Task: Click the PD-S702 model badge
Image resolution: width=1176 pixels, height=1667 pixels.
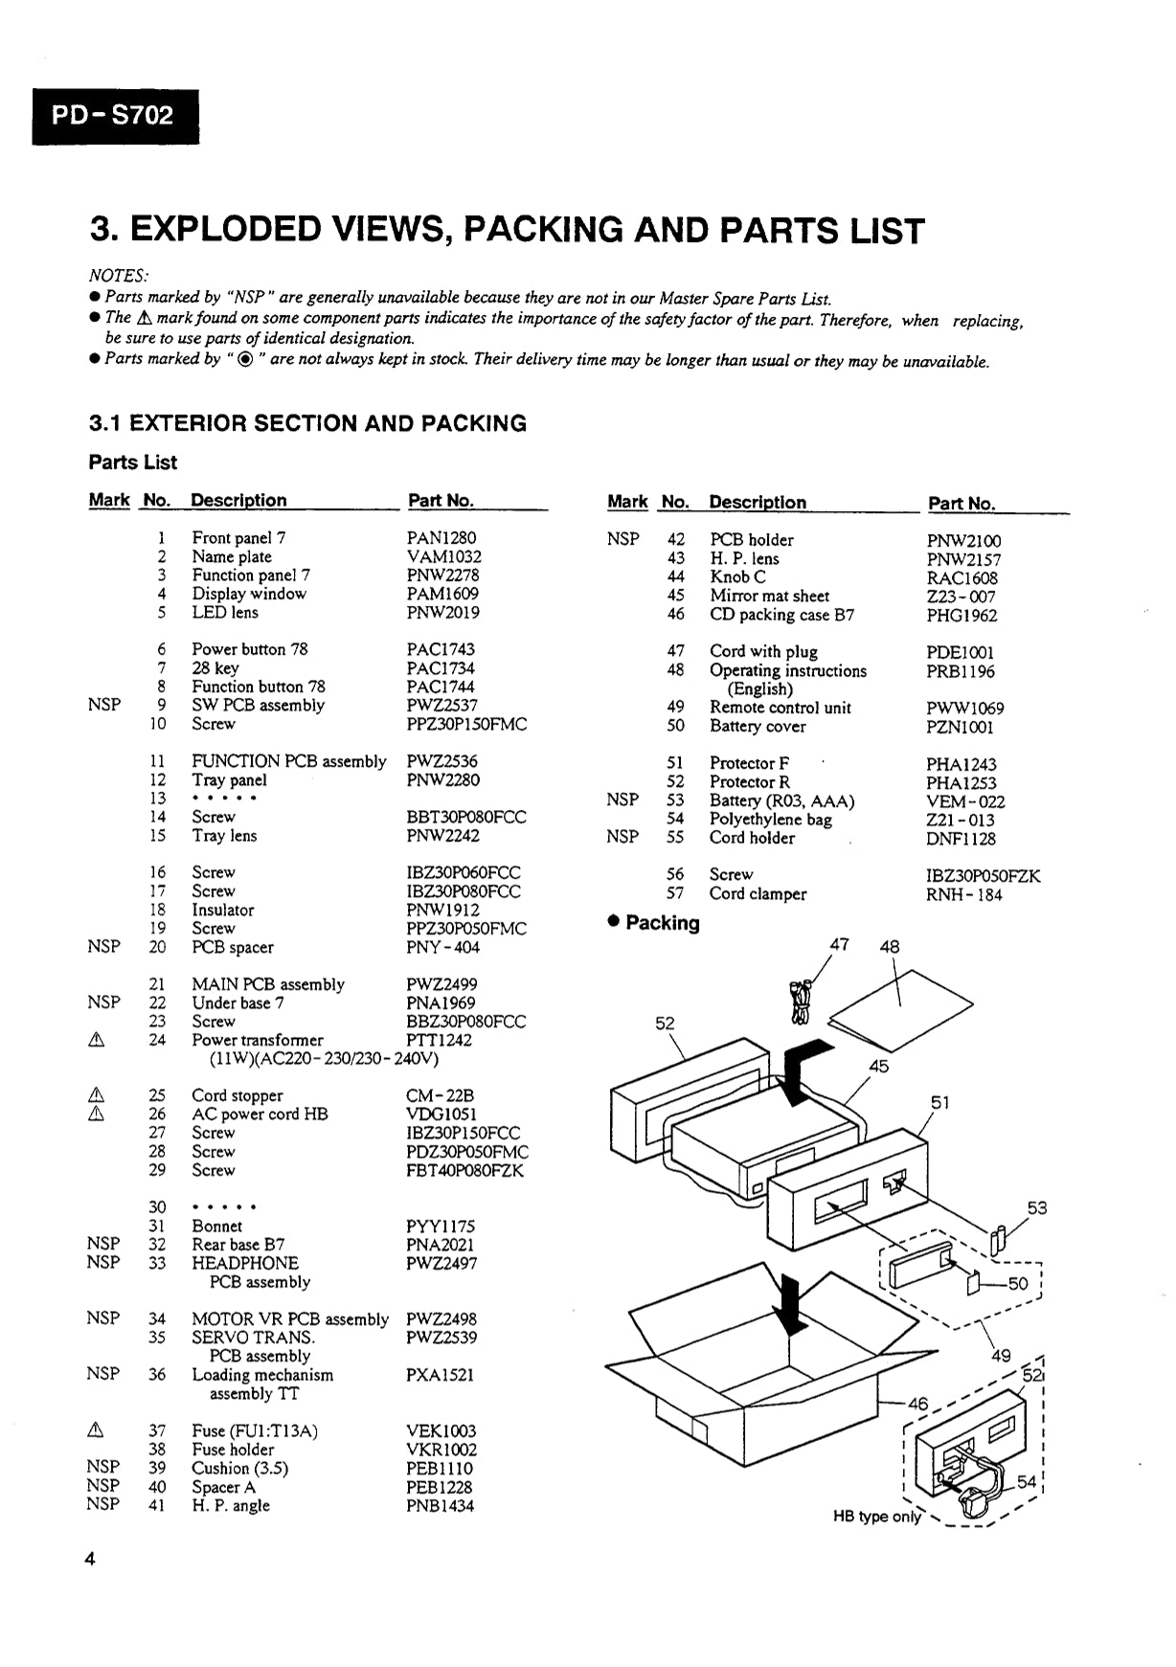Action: (115, 117)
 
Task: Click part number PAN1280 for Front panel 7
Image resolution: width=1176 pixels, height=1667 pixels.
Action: (441, 538)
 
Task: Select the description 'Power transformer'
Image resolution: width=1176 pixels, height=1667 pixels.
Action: (258, 1040)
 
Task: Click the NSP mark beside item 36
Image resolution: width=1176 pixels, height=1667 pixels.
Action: (103, 1374)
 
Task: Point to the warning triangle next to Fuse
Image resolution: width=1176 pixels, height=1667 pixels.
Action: (96, 1431)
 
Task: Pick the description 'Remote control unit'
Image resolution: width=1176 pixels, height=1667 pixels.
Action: (780, 708)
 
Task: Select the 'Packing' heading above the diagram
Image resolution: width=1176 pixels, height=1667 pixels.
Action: (662, 923)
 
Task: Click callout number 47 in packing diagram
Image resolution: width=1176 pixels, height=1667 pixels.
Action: (839, 945)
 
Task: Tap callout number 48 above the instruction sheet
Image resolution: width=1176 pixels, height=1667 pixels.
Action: (889, 947)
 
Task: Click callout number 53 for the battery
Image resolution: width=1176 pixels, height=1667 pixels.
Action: (1037, 1208)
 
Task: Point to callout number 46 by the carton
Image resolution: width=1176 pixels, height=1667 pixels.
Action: (917, 1404)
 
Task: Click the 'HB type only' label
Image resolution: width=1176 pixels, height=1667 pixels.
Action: (876, 1517)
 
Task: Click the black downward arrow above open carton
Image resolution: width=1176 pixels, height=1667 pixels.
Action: (791, 1307)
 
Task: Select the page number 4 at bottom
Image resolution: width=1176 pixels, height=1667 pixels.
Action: (91, 1559)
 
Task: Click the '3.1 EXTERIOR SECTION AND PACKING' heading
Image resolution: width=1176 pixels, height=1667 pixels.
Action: (307, 423)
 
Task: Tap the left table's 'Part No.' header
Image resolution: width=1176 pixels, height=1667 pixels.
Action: (441, 501)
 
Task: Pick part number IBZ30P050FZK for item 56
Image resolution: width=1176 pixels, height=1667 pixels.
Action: (983, 875)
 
